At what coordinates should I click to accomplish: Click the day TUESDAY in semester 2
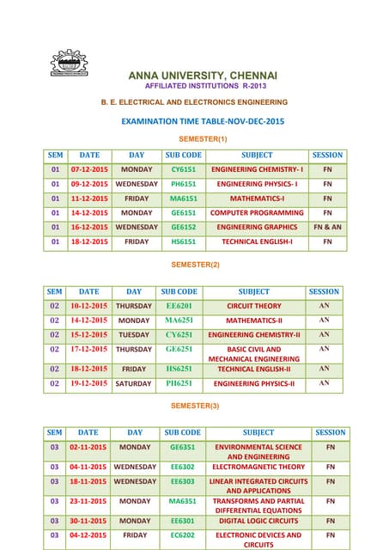pyautogui.click(x=133, y=334)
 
